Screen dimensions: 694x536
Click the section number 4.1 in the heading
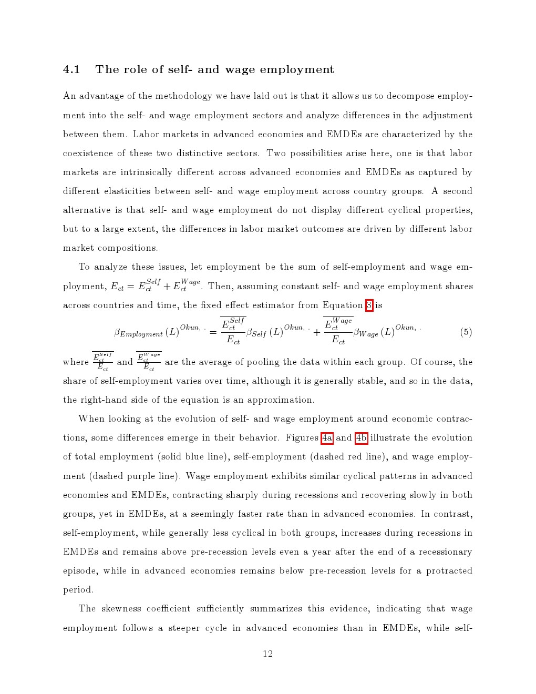(x=71, y=70)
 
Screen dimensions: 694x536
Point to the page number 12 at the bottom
(x=268, y=654)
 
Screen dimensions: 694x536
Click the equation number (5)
(x=466, y=332)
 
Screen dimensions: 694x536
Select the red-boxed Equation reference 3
(x=369, y=305)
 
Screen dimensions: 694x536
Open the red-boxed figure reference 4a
(x=327, y=438)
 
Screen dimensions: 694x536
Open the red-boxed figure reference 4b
(x=362, y=438)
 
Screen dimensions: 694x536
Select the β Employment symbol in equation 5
(x=138, y=333)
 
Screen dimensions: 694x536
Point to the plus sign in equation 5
(x=317, y=332)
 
